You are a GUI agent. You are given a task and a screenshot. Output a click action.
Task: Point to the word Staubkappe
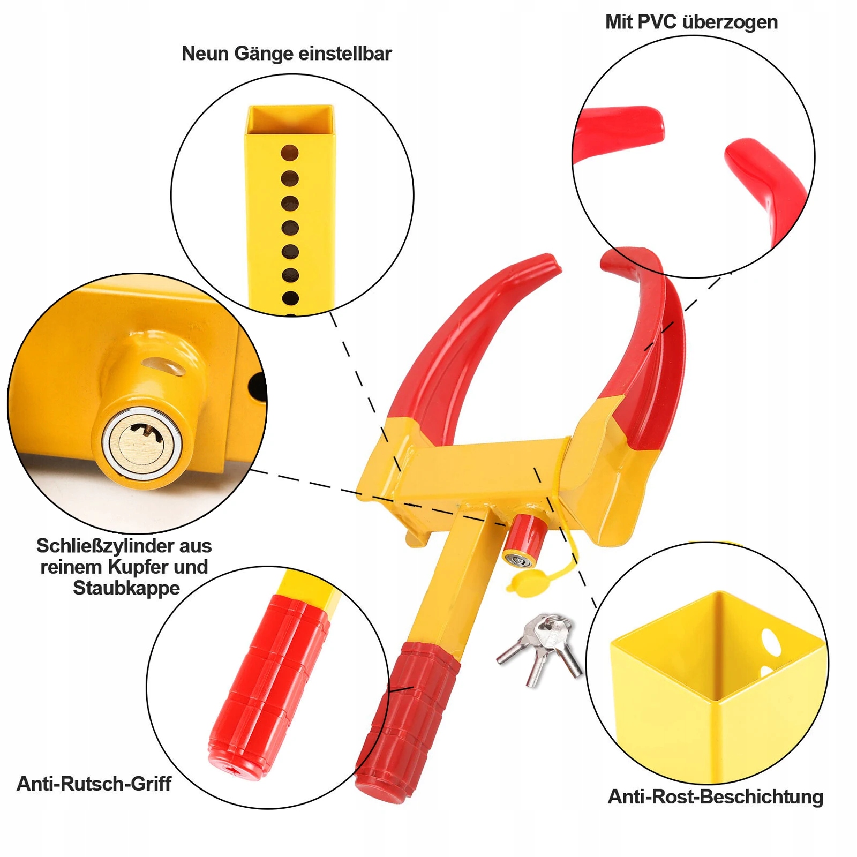tap(126, 588)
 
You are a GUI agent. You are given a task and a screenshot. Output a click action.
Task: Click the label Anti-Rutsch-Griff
tap(94, 784)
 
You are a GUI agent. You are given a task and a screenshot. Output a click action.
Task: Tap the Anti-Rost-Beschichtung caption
tap(716, 796)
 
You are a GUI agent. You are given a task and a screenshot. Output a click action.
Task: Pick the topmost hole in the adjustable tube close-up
tap(290, 153)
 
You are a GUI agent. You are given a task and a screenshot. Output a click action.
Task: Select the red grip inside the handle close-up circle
tap(268, 686)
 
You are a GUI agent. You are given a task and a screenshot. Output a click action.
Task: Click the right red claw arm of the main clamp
tap(651, 348)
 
